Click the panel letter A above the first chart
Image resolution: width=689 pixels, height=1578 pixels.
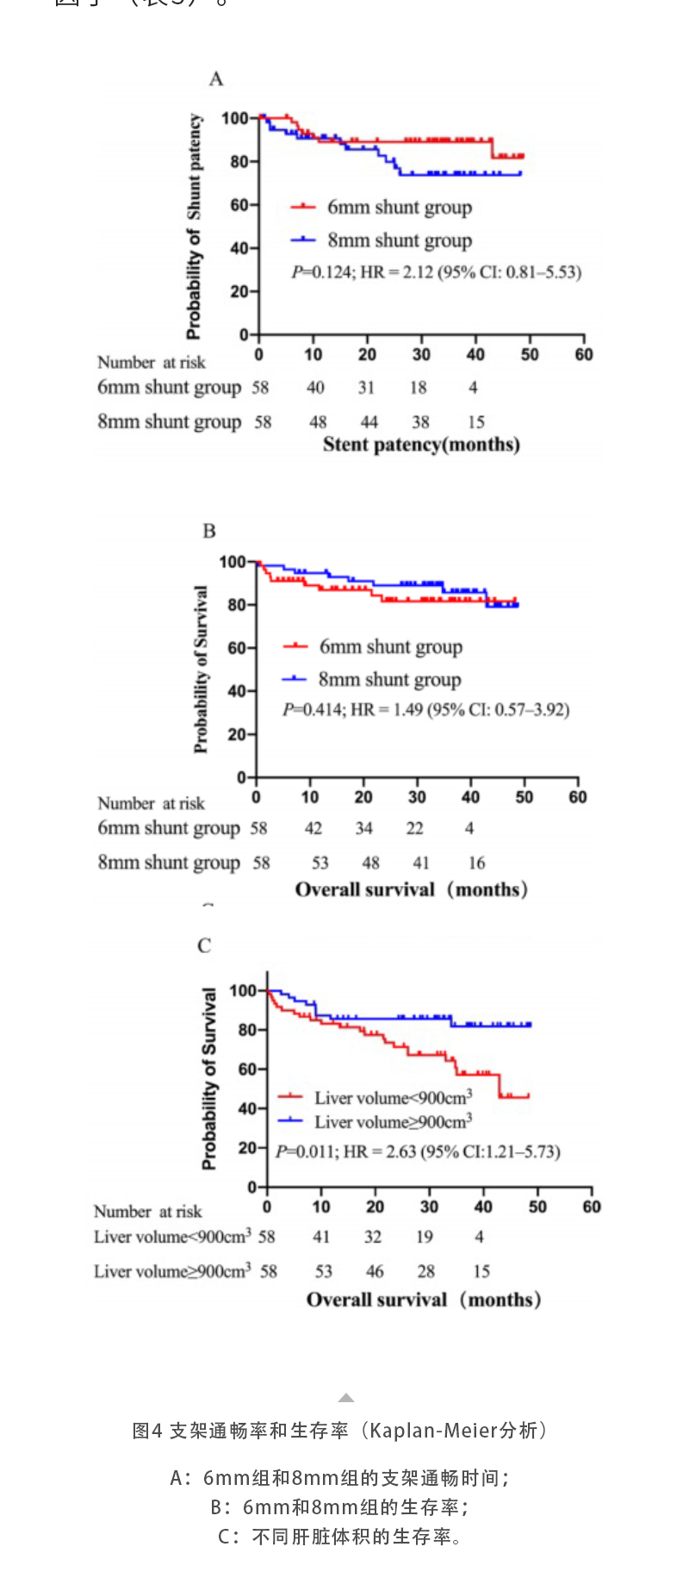point(216,79)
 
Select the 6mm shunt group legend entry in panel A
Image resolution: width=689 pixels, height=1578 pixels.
point(399,207)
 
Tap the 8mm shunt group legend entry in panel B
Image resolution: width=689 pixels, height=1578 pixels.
point(389,679)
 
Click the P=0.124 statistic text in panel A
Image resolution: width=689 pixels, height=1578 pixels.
point(436,272)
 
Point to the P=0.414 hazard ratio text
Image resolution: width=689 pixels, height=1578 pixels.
point(425,709)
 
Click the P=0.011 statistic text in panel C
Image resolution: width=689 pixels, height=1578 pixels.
point(418,1151)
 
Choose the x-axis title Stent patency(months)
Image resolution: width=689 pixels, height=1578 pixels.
point(421,445)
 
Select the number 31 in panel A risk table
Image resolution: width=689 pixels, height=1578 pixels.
point(367,388)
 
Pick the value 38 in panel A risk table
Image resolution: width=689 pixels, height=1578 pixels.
point(420,422)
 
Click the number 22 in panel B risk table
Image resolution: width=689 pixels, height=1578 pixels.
point(415,828)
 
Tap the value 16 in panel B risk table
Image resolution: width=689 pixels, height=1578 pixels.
point(476,863)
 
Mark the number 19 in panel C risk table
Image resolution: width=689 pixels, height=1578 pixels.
point(425,1237)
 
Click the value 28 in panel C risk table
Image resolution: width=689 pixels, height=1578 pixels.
point(426,1271)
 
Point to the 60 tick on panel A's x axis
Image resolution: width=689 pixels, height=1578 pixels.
point(584,354)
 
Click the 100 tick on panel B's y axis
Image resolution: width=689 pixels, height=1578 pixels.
point(233,562)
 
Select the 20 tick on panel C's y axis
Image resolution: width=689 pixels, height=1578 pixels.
point(246,1148)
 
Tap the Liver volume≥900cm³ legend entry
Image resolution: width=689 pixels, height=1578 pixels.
point(393,1121)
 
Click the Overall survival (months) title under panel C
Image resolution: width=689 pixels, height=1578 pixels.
point(424,1300)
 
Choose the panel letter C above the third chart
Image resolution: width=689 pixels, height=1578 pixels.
point(204,945)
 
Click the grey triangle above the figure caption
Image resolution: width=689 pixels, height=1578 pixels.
point(346,1398)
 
